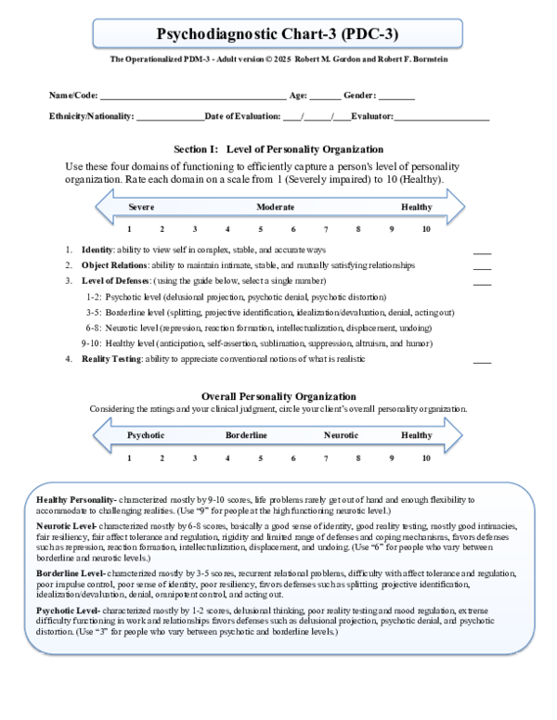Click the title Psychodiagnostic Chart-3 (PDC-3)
[278, 34]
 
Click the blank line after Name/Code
[192, 96]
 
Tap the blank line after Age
[325, 96]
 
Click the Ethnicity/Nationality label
[92, 116]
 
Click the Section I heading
[278, 149]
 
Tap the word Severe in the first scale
[141, 207]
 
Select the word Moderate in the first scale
[276, 207]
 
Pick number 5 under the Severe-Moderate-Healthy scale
[261, 229]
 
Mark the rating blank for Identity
[482, 251]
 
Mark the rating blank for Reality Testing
[482, 360]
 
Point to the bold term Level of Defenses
[115, 280]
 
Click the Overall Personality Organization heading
[278, 396]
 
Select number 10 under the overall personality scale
[425, 457]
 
